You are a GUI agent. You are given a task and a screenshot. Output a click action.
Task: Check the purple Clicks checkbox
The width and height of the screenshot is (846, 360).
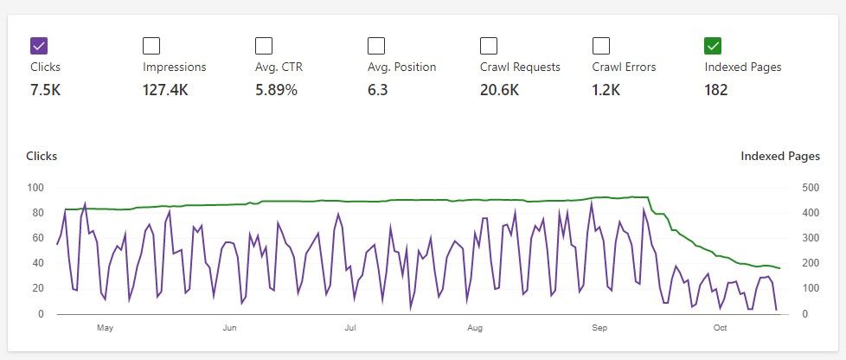point(39,46)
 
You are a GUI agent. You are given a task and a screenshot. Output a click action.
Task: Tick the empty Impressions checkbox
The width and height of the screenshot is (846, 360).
point(151,46)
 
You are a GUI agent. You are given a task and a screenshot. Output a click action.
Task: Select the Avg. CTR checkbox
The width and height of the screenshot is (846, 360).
point(264,46)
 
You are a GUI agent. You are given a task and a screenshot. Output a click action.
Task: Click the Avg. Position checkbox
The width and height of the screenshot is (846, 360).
point(376,46)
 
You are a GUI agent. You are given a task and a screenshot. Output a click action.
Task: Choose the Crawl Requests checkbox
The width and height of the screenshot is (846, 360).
point(489,46)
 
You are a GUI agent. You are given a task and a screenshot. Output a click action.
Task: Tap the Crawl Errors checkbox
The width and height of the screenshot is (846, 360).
point(601,46)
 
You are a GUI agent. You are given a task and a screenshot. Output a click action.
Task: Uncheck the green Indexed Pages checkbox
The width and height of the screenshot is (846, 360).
point(714,46)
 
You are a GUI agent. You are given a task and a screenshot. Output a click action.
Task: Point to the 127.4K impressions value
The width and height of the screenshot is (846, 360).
point(165,89)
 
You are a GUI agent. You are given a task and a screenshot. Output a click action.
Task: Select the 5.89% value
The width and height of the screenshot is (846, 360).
point(276,89)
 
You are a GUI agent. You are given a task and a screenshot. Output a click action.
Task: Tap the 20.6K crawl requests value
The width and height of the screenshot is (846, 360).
point(499,89)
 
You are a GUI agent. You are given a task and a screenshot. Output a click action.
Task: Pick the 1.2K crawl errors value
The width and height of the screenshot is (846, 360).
point(607,89)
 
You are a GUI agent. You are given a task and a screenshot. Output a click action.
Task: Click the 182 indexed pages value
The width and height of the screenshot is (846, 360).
point(716,89)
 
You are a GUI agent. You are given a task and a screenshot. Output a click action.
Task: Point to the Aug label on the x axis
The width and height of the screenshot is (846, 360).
point(474,328)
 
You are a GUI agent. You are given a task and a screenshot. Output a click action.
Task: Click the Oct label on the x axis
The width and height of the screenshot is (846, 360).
point(720,328)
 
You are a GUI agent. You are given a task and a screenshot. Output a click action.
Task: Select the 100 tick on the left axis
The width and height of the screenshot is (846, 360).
point(35,188)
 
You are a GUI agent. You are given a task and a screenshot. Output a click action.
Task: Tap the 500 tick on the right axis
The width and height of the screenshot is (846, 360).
point(810,188)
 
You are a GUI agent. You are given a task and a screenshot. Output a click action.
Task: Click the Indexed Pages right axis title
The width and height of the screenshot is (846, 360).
point(779,157)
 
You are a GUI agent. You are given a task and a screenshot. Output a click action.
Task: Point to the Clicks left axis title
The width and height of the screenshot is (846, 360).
point(42,157)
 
